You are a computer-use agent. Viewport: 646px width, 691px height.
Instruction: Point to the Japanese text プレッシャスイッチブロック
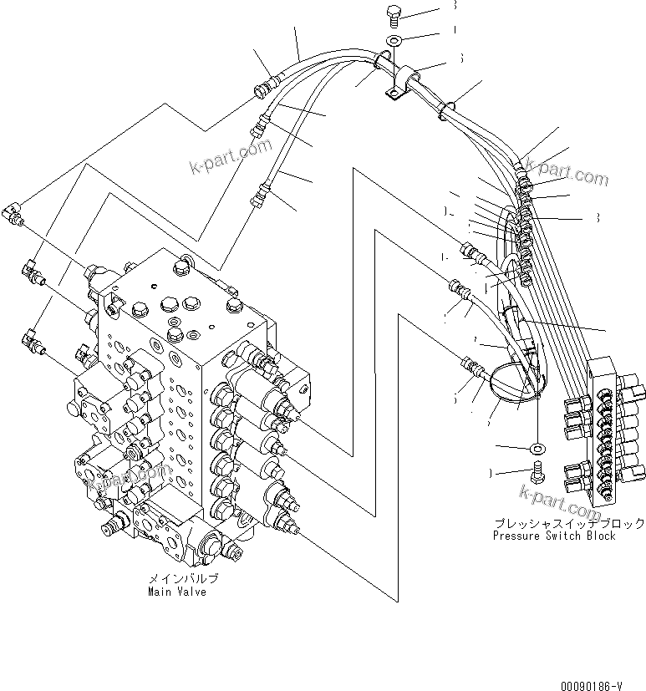pos(568,523)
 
